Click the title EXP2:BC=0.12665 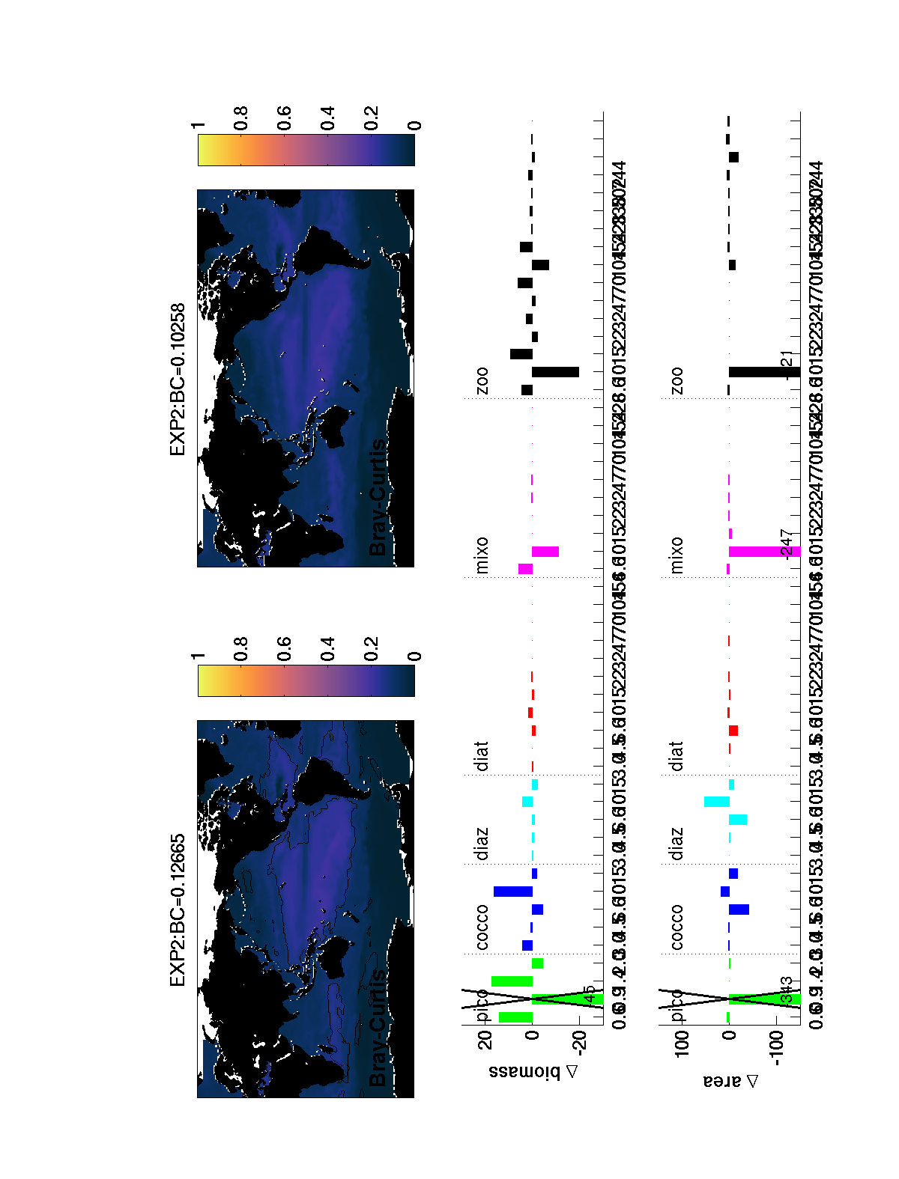coord(178,910)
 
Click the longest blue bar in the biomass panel coord(513,892)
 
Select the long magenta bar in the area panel coord(764,552)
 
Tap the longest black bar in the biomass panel coord(555,372)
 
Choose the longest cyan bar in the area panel coord(717,802)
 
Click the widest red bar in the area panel coord(733,730)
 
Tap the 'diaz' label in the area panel coord(676,844)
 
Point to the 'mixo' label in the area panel coord(676,555)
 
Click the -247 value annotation coord(786,543)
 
